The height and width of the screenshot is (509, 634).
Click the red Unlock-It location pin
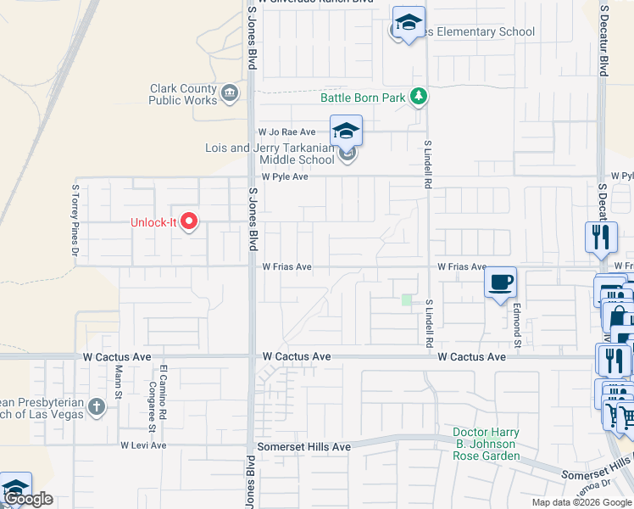click(x=189, y=222)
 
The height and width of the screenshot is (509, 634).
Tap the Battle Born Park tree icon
click(x=417, y=98)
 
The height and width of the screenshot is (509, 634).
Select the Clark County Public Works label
click(x=183, y=94)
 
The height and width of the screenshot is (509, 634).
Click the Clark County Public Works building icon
click(x=229, y=93)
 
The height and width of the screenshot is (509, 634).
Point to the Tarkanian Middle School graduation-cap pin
click(x=346, y=131)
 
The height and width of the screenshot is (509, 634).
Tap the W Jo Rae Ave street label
click(x=286, y=132)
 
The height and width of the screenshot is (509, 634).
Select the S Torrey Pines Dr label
click(x=75, y=220)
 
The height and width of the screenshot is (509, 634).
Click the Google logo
click(x=28, y=499)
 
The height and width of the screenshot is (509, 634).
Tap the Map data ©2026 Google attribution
click(x=581, y=502)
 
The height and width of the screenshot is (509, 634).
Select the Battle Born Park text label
click(x=363, y=98)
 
